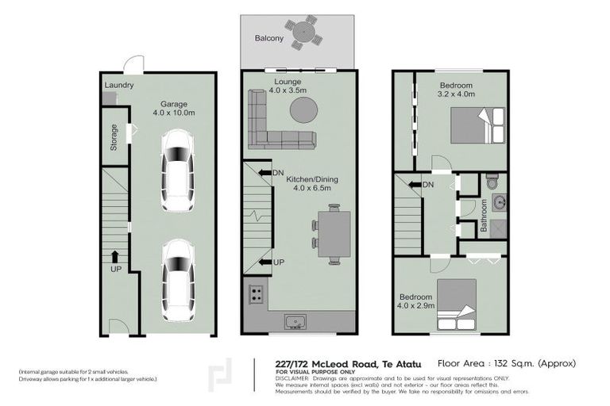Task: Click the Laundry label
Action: pyautogui.click(x=118, y=86)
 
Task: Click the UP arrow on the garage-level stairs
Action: pyautogui.click(x=114, y=257)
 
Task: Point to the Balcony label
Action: pyautogui.click(x=270, y=38)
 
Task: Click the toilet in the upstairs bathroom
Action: pyautogui.click(x=492, y=179)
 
